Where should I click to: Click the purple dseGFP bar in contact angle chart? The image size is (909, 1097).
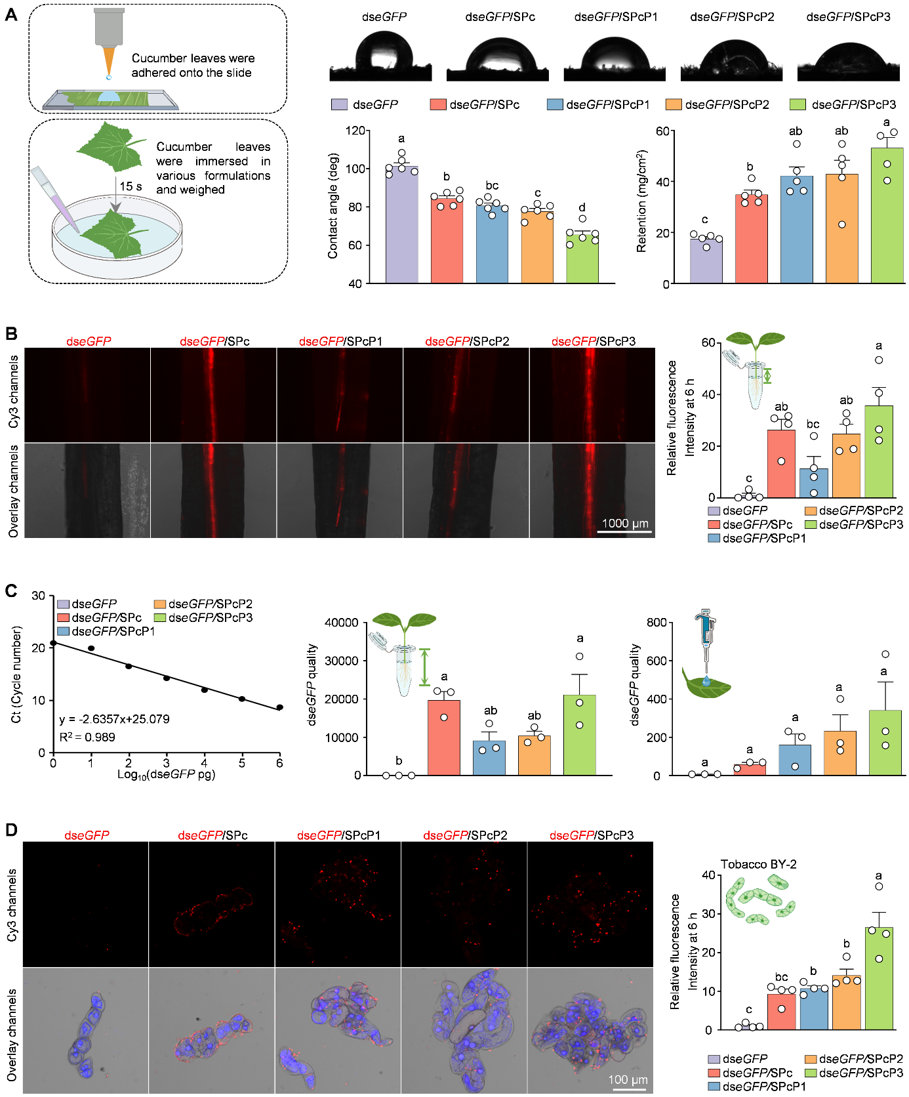401,224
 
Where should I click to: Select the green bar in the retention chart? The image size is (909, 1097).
887,216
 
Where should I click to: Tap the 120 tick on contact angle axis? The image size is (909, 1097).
355,131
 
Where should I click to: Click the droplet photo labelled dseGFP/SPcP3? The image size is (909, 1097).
848,62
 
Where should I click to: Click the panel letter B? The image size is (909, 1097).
11,333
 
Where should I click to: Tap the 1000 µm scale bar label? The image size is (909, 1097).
625,523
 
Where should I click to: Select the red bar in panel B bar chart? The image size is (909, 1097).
780,463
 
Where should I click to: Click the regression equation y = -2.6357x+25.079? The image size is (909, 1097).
114,719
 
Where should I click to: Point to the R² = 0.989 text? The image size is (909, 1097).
87,737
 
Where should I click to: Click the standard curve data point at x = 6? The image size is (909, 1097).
279,707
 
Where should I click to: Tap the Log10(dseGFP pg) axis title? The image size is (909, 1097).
166,774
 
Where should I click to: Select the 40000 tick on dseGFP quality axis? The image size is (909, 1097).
342,622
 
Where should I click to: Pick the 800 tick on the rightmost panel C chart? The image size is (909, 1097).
656,622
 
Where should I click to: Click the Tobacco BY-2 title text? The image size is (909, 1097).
759,864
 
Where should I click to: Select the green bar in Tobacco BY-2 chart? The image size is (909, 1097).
879,978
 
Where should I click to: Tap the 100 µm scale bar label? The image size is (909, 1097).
628,1079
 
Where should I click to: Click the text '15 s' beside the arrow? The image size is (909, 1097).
131,186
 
